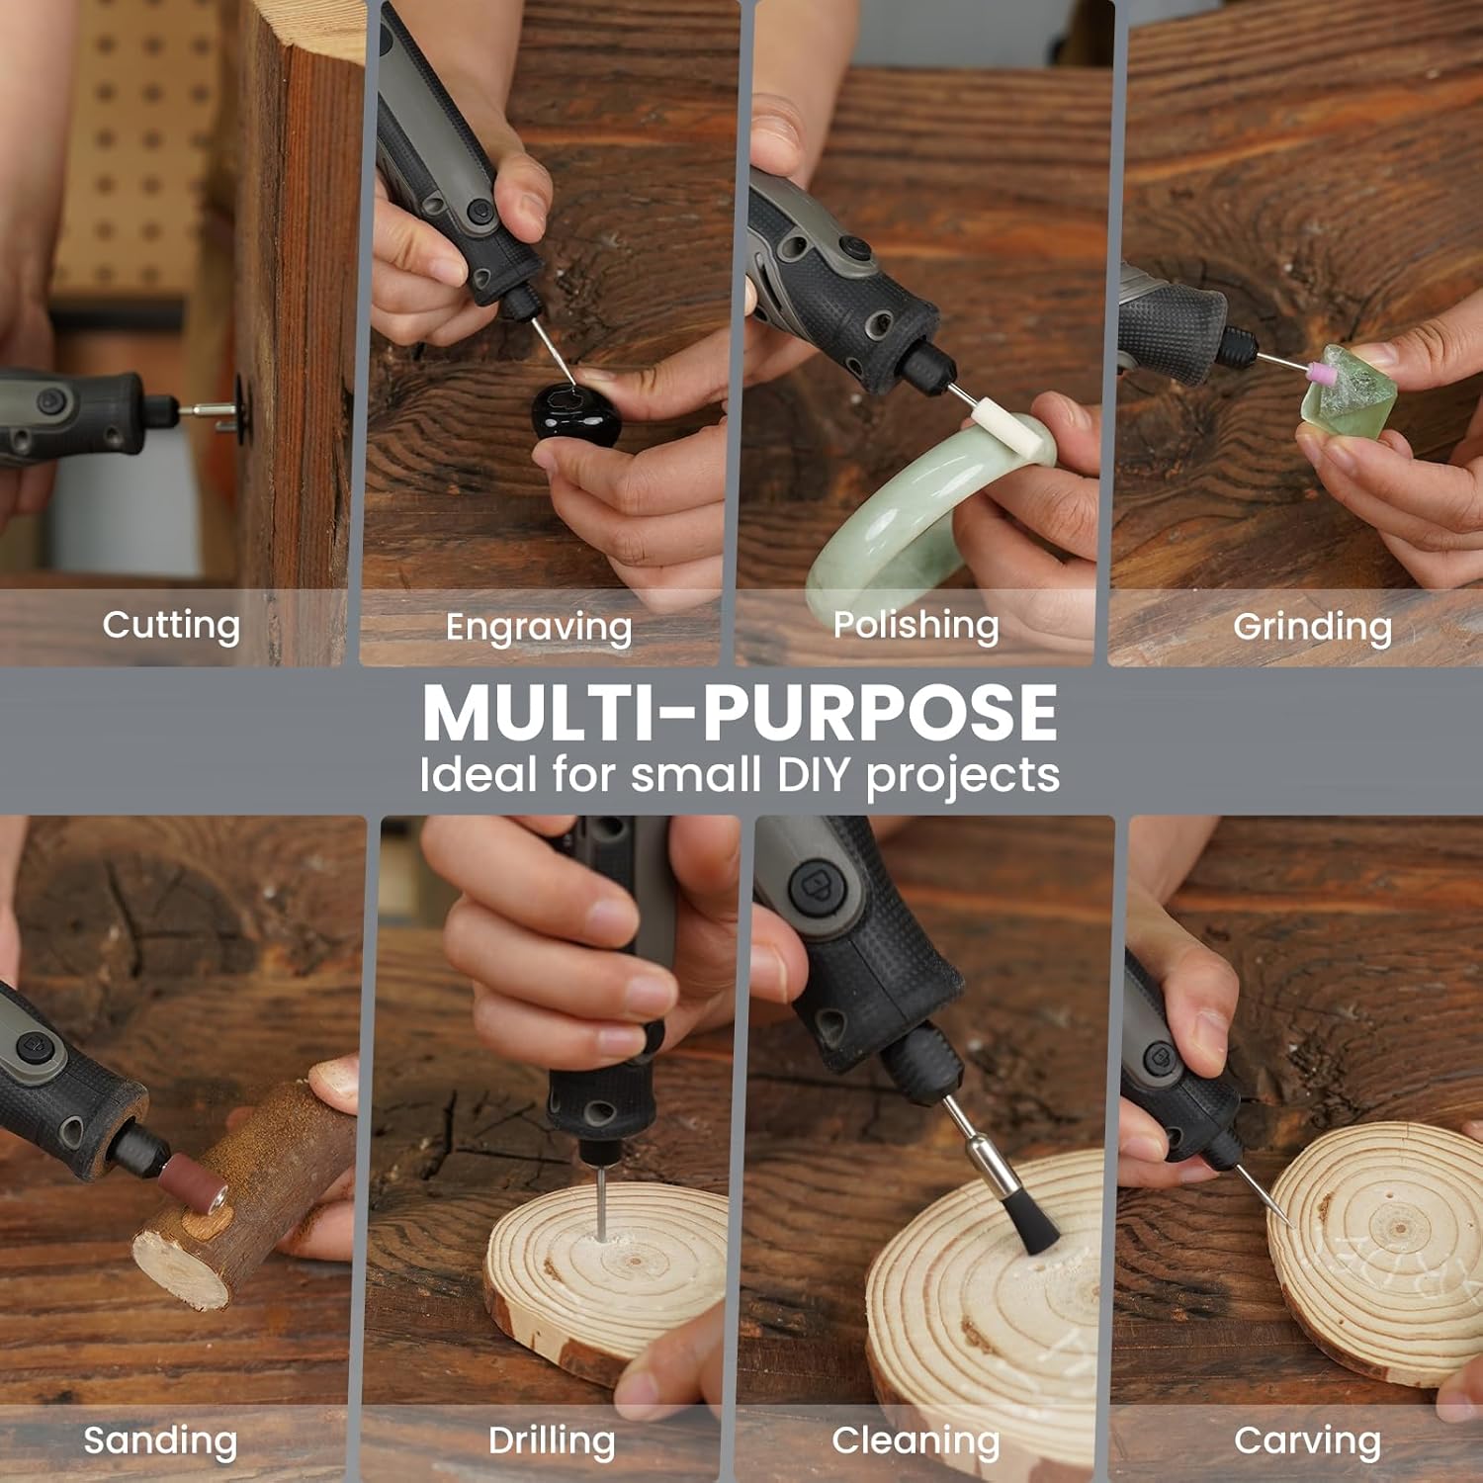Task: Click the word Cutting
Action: coord(171,626)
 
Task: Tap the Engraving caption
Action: coord(539,628)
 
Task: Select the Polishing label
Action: coord(916,626)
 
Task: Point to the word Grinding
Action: coord(1312,627)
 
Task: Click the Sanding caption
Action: coord(160,1441)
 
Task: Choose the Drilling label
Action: coord(552,1441)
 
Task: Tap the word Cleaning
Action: coord(916,1441)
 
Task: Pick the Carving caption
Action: coord(1307,1441)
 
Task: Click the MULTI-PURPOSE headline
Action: coord(740,713)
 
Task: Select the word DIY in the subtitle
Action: coord(813,775)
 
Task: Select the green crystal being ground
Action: coord(1350,391)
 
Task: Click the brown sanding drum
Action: coord(196,1183)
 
